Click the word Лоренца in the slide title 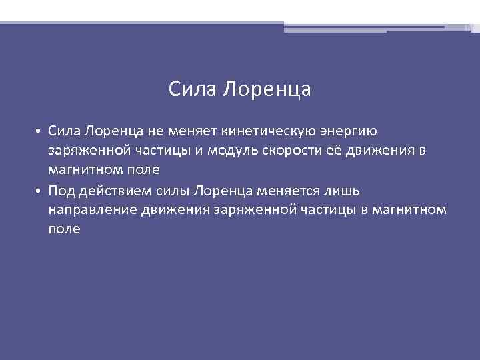tap(266, 89)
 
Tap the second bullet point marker tap(40, 191)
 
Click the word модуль tap(237, 151)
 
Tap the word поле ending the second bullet tap(65, 229)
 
